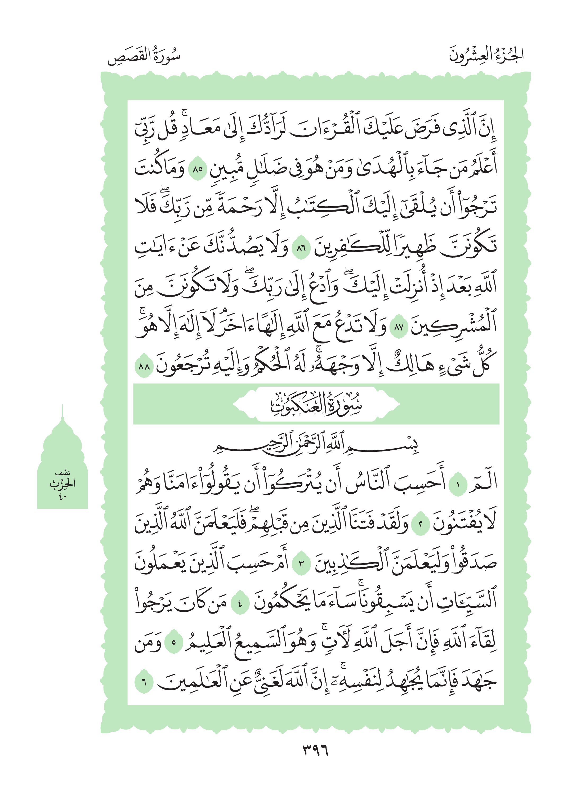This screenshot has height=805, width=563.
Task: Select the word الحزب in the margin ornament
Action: pos(62,484)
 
